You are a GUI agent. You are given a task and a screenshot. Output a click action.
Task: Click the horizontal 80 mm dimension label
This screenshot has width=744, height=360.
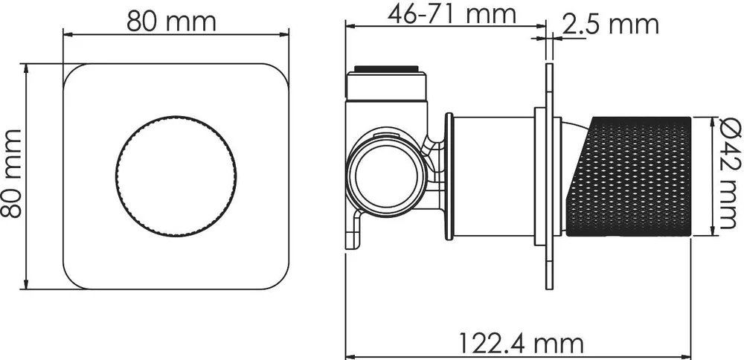click(171, 22)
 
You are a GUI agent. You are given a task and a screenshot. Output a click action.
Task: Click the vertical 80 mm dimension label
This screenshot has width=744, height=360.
click(11, 173)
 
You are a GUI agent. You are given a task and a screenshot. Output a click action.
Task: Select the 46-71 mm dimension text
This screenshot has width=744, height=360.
click(452, 15)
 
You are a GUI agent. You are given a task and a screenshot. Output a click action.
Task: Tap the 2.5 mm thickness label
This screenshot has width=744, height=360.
click(611, 25)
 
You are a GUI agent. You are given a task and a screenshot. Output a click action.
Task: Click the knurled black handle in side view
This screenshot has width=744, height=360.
click(628, 176)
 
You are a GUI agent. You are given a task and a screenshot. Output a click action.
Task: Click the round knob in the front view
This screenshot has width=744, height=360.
click(176, 176)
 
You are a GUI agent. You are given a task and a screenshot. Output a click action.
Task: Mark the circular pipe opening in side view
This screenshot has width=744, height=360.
click(386, 175)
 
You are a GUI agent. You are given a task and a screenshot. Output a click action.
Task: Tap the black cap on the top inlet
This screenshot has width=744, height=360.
click(386, 69)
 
